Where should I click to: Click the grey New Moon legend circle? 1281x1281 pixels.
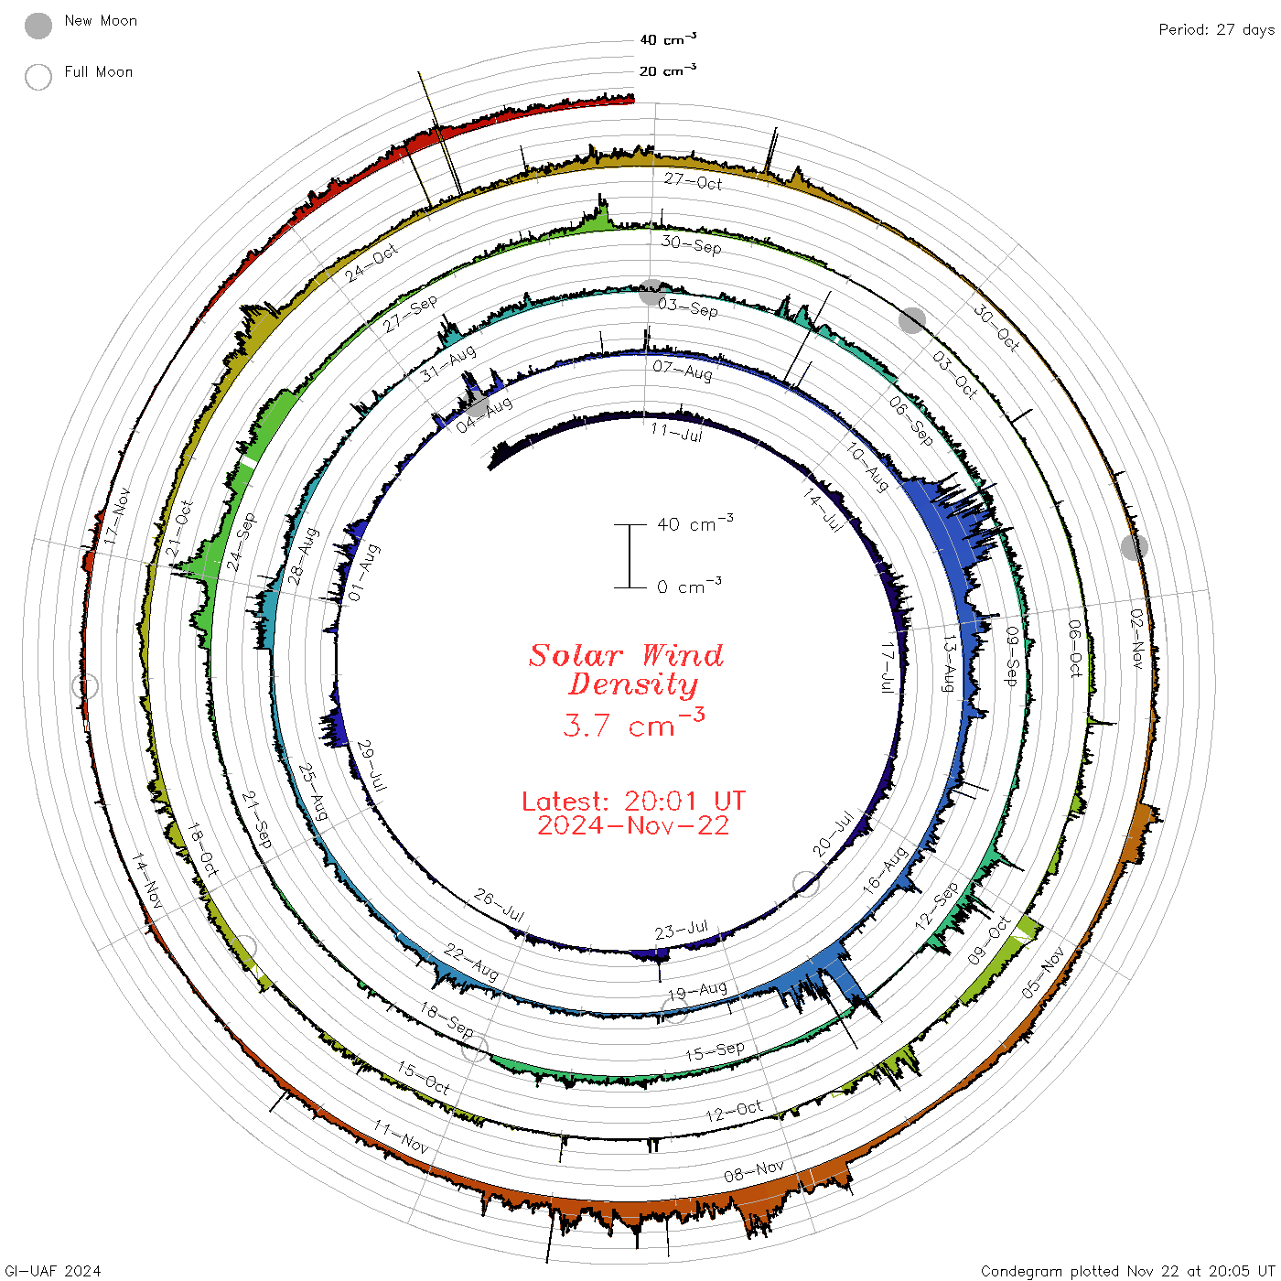pyautogui.click(x=38, y=26)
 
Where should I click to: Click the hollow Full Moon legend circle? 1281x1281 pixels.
pyautogui.click(x=38, y=77)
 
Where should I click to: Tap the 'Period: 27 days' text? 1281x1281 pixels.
pyautogui.click(x=1216, y=30)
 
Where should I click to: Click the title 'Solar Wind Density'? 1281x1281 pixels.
pyautogui.click(x=626, y=670)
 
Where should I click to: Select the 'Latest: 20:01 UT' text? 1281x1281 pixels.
pyautogui.click(x=633, y=801)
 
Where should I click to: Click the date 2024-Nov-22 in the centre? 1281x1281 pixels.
pyautogui.click(x=633, y=825)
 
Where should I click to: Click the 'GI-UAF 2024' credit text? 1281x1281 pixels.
pyautogui.click(x=52, y=1271)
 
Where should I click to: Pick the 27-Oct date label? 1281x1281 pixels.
pyautogui.click(x=693, y=181)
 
